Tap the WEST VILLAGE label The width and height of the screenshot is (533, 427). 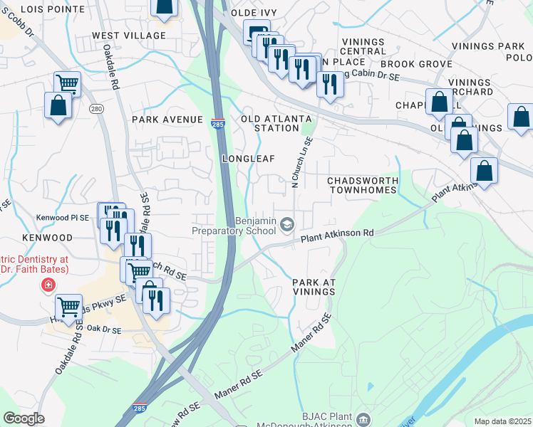[x=129, y=35]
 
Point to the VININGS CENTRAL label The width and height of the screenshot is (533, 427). [x=363, y=46]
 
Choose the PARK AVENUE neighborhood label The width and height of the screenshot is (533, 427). [x=167, y=120]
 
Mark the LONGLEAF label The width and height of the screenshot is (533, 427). [x=248, y=158]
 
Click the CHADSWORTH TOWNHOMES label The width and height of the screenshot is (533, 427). [x=361, y=186]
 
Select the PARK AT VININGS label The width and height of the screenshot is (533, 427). [x=314, y=288]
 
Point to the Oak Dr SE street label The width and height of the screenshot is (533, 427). [x=104, y=330]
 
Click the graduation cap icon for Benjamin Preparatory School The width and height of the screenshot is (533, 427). [x=287, y=226]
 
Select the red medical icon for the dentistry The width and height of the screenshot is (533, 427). [x=48, y=285]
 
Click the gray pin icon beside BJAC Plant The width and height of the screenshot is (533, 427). [x=365, y=418]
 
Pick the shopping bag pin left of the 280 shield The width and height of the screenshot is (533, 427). [x=57, y=106]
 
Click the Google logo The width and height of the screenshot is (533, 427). [x=24, y=418]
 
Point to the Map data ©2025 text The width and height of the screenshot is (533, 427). [x=502, y=421]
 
